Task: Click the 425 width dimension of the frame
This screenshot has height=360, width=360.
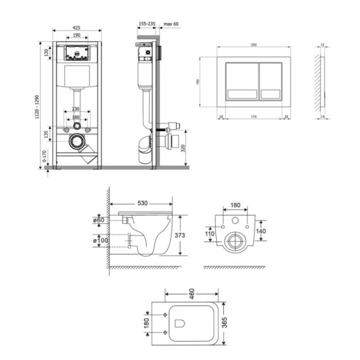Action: click(x=77, y=28)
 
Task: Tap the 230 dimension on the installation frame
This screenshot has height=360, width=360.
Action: click(x=77, y=109)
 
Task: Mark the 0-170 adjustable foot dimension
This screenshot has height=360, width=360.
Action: click(x=45, y=159)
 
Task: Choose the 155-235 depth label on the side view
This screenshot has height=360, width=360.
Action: click(x=147, y=24)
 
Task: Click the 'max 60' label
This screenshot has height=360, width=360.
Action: click(x=171, y=24)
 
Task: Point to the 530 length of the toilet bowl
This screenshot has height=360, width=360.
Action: click(x=143, y=204)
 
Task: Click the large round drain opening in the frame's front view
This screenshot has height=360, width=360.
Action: click(x=77, y=140)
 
